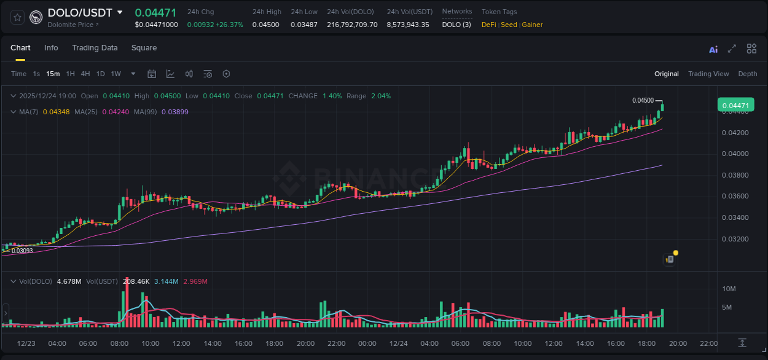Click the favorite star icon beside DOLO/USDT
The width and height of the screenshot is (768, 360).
[17, 17]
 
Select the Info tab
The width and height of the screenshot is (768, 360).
[51, 48]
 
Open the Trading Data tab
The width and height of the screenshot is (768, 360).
[95, 48]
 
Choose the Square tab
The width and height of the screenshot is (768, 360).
[144, 48]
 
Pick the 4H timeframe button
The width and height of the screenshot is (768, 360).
[85, 74]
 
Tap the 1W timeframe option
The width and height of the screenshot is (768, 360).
[116, 74]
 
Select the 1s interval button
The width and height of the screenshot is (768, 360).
[36, 74]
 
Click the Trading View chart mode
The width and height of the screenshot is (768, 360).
[708, 74]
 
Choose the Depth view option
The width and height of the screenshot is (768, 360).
[748, 74]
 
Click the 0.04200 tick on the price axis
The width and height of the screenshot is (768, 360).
[735, 133]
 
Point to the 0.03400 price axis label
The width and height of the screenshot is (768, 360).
[735, 217]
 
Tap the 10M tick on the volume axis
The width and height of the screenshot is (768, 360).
[729, 289]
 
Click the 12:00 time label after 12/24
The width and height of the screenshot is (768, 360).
[554, 343]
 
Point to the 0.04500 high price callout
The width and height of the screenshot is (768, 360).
[643, 100]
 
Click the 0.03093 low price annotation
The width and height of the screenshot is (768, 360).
[22, 251]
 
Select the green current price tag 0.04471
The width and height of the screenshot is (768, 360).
[735, 106]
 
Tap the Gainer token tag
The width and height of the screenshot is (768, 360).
[532, 25]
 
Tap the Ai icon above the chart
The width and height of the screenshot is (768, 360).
[713, 50]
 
